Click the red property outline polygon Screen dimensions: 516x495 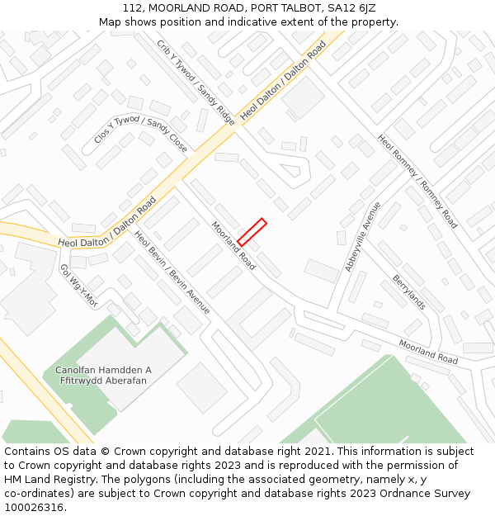[x=252, y=232]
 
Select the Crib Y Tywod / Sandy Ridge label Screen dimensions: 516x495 [x=196, y=83]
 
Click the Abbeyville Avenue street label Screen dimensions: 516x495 [x=362, y=236]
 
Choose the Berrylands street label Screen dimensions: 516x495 [x=408, y=291]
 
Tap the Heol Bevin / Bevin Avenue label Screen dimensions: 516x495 [x=172, y=272]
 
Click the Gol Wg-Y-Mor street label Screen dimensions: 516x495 [x=78, y=286]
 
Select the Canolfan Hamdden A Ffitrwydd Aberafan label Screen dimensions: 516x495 [x=103, y=376]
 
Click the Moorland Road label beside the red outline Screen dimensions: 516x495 [x=233, y=245]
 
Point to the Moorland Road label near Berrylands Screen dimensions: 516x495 [x=428, y=352]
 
